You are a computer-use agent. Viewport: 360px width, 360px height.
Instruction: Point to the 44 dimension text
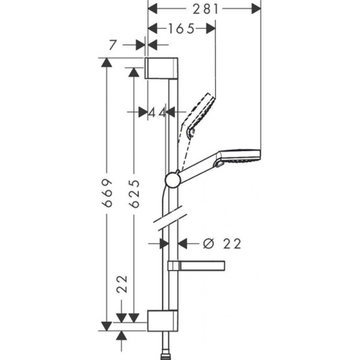[x=158, y=112]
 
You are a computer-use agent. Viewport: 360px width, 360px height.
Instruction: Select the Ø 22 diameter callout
[x=219, y=244]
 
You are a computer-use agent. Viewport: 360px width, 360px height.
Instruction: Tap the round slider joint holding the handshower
[x=173, y=179]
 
